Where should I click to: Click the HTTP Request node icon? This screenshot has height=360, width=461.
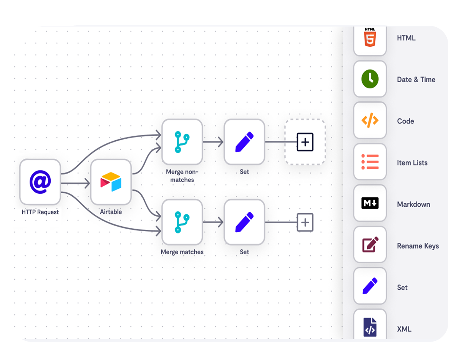[x=40, y=182]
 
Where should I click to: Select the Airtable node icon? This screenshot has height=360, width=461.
[x=111, y=182]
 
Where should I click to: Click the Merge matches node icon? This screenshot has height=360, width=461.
[x=182, y=222]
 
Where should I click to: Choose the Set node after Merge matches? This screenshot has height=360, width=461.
[x=244, y=222]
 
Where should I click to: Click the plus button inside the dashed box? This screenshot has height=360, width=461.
[x=305, y=142]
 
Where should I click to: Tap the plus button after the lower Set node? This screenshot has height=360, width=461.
[x=305, y=222]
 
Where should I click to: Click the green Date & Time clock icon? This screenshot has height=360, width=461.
[x=370, y=79]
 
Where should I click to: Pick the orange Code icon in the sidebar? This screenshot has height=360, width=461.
[x=370, y=121]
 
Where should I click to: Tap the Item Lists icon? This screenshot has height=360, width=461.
[x=370, y=162]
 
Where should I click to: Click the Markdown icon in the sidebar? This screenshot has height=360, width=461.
[x=370, y=203]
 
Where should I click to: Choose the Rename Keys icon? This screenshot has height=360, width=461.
[x=370, y=245]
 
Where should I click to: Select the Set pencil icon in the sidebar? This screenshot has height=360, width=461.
[x=370, y=286]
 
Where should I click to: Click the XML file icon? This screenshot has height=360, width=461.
[x=370, y=327]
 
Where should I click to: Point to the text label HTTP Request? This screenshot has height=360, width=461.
[x=40, y=212]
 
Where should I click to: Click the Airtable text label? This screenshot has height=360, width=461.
[x=111, y=212]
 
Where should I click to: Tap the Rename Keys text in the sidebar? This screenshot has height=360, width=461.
[x=418, y=246]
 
